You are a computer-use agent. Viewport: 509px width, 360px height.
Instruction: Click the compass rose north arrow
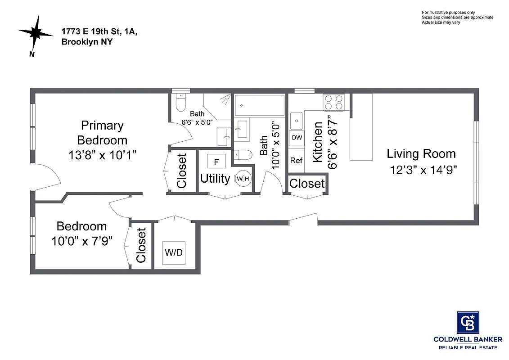pos(36,33)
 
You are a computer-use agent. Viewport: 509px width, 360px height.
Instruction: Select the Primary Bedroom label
pos(102,132)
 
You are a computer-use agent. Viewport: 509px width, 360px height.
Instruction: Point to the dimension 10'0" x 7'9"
pos(81,241)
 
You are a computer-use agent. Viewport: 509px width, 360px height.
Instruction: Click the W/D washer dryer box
pos(173,252)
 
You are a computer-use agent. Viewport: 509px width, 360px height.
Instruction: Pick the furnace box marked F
pos(216,162)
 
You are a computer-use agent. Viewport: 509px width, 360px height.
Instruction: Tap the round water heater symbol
pos(242,179)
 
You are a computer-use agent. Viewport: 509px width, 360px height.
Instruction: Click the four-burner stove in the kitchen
pos(334,102)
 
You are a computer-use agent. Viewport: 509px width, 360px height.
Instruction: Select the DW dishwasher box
pos(297,138)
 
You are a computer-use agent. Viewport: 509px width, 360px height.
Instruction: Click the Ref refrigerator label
pos(296,160)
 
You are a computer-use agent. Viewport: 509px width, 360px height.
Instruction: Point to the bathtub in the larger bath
pos(259,105)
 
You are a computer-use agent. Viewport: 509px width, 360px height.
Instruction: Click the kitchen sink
pos(297,120)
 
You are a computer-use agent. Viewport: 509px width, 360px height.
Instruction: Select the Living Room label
pos(421,154)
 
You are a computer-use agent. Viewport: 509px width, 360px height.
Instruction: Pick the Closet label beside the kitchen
pos(307,184)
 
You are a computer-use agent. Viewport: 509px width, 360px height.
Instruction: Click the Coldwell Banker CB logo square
pos(468,323)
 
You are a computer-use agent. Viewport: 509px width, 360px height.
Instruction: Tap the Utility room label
pos(215,179)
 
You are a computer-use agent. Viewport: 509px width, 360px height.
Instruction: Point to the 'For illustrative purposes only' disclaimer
pos(448,12)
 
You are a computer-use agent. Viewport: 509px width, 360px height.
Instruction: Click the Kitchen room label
pos(317,142)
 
